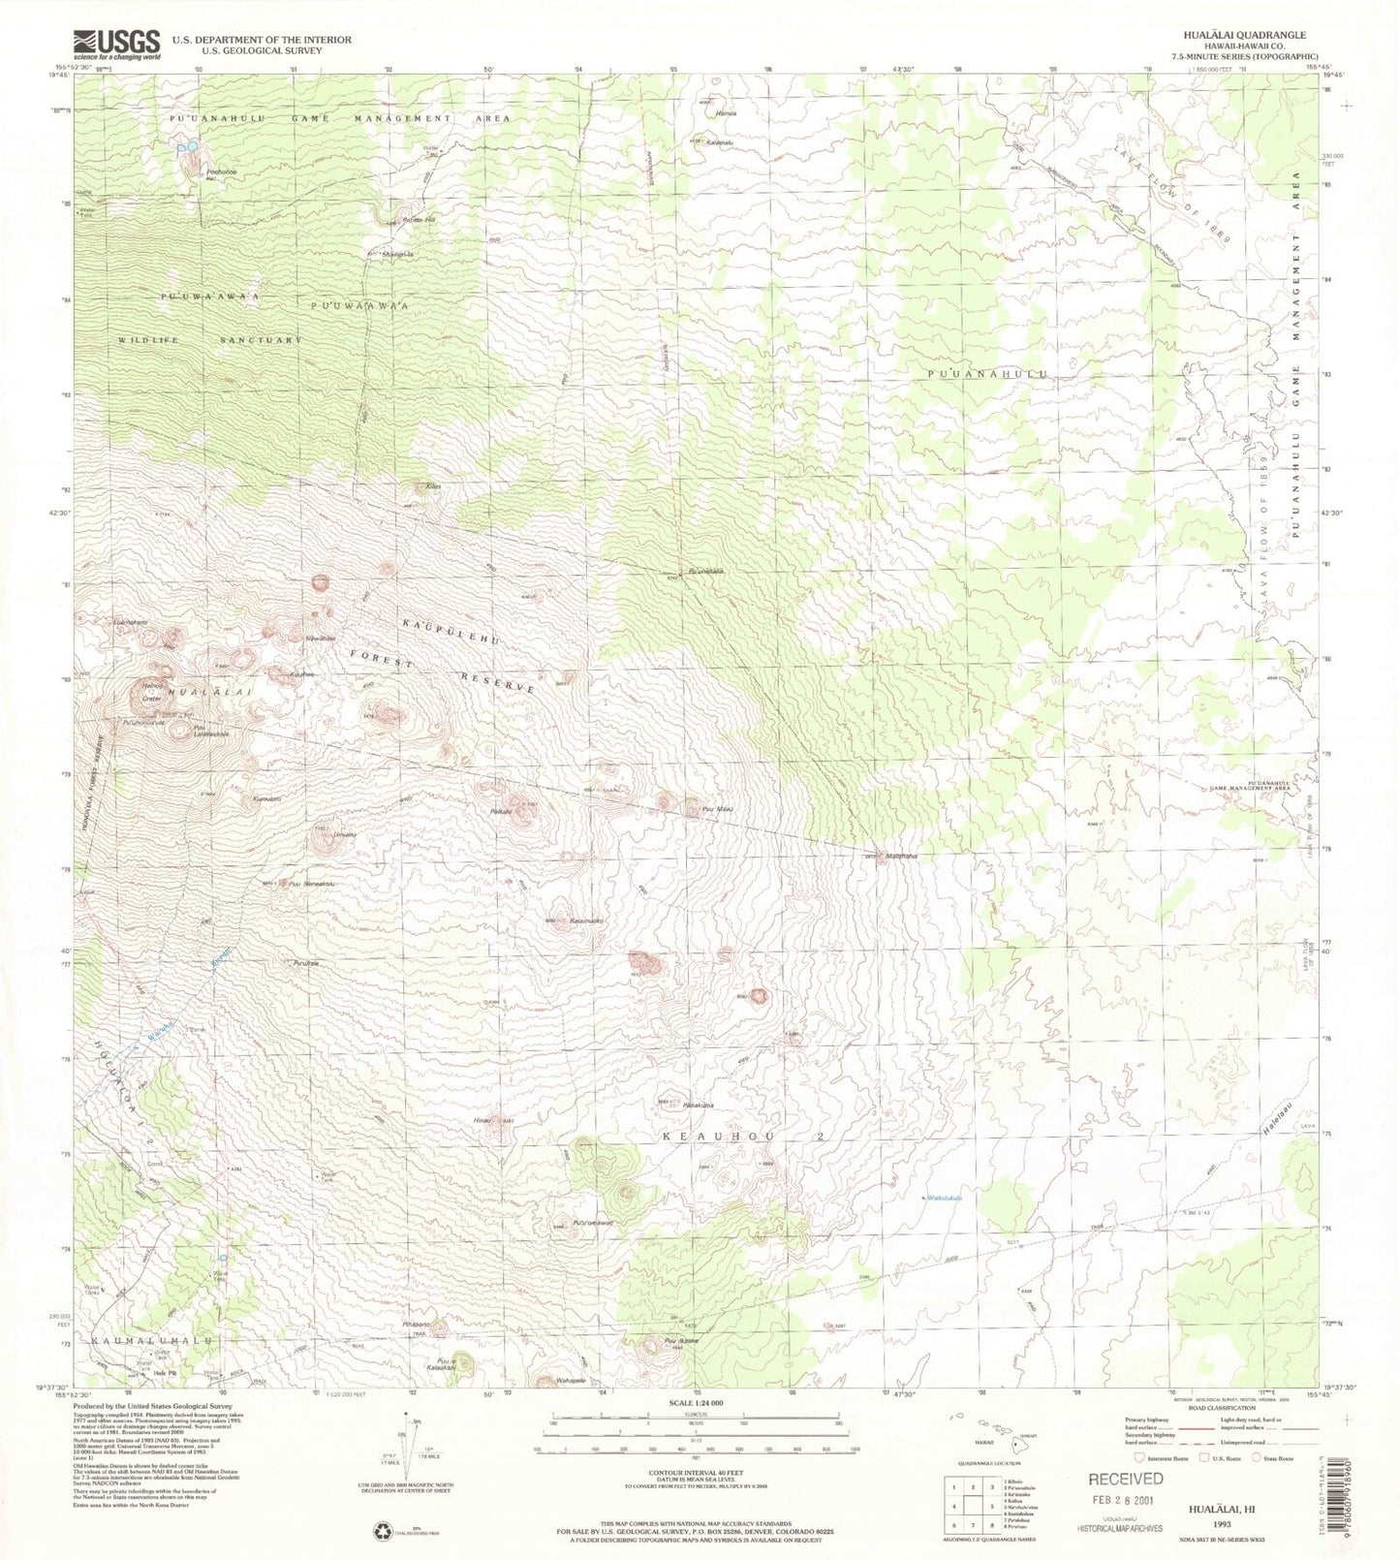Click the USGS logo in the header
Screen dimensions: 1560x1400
point(116,44)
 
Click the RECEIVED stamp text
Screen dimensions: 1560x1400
point(1127,1479)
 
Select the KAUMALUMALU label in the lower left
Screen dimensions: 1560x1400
point(152,1339)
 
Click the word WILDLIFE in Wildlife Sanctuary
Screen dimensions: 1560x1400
point(146,340)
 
